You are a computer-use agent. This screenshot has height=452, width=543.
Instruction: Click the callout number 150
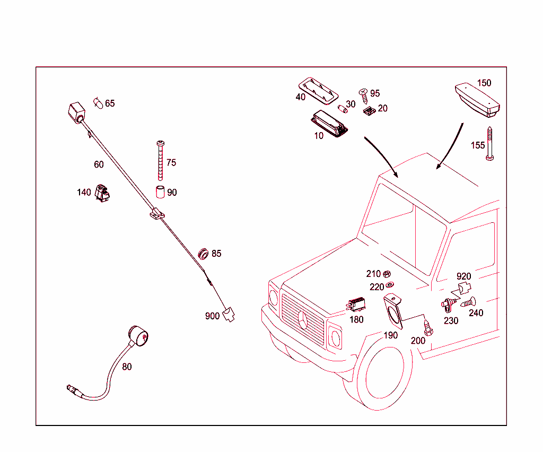484,83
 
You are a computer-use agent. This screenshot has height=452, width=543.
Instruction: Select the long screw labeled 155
489,143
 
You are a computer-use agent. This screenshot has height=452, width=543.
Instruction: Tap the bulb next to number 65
98,103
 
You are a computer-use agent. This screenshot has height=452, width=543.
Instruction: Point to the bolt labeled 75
160,161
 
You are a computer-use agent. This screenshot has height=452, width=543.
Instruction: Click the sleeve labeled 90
160,192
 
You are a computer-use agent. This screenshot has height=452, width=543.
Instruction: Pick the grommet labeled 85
203,254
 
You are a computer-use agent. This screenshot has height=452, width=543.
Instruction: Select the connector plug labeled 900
228,314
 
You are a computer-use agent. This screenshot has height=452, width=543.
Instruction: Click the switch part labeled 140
102,193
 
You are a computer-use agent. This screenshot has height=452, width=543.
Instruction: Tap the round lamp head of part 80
138,336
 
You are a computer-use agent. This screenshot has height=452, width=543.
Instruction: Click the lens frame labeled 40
318,91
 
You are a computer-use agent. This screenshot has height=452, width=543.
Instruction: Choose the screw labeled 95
364,96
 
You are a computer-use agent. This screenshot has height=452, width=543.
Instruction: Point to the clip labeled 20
369,111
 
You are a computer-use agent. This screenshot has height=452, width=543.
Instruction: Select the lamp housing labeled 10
329,124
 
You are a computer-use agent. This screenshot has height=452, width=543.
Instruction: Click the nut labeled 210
387,274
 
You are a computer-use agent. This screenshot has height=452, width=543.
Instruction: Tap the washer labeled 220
390,285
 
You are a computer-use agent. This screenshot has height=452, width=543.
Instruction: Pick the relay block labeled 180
356,305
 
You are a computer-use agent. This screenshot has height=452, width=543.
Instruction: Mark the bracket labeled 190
393,311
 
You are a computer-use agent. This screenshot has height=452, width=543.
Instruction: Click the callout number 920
463,276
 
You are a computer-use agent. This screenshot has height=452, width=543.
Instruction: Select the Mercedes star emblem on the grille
303,320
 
